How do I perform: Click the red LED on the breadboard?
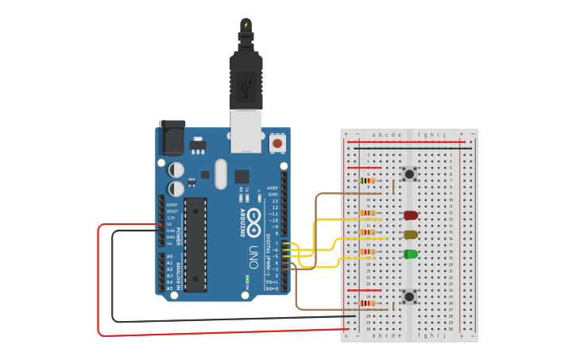[x=411, y=215]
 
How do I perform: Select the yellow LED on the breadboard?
[x=411, y=234]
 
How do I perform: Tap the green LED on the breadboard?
[x=411, y=254]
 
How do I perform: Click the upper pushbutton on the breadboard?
[x=409, y=174]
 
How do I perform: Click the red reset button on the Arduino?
[x=277, y=143]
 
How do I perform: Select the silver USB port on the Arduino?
[x=245, y=130]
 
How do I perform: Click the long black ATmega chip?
[x=195, y=244]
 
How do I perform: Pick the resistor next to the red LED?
[x=368, y=213]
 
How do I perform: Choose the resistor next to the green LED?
[x=368, y=252]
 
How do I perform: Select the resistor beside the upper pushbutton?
[x=368, y=180]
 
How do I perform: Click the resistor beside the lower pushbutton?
[x=368, y=303]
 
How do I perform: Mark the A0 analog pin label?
[x=169, y=256]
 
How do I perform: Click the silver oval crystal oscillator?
[x=220, y=174]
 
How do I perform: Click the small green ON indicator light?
[x=248, y=279]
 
